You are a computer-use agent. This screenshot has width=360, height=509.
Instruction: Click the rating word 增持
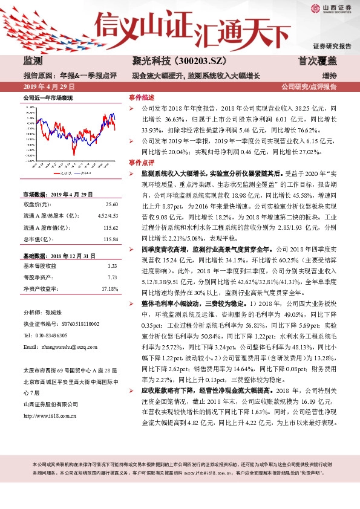(x=329, y=76)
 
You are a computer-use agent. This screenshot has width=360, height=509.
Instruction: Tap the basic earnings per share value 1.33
(x=111, y=266)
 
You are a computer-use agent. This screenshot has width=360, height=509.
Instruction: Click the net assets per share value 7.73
(x=111, y=277)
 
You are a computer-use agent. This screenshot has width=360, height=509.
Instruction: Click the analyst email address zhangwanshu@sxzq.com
(x=70, y=347)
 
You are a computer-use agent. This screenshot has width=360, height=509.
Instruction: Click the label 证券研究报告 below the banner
(x=332, y=46)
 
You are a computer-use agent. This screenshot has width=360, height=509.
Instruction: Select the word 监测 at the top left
(x=33, y=61)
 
